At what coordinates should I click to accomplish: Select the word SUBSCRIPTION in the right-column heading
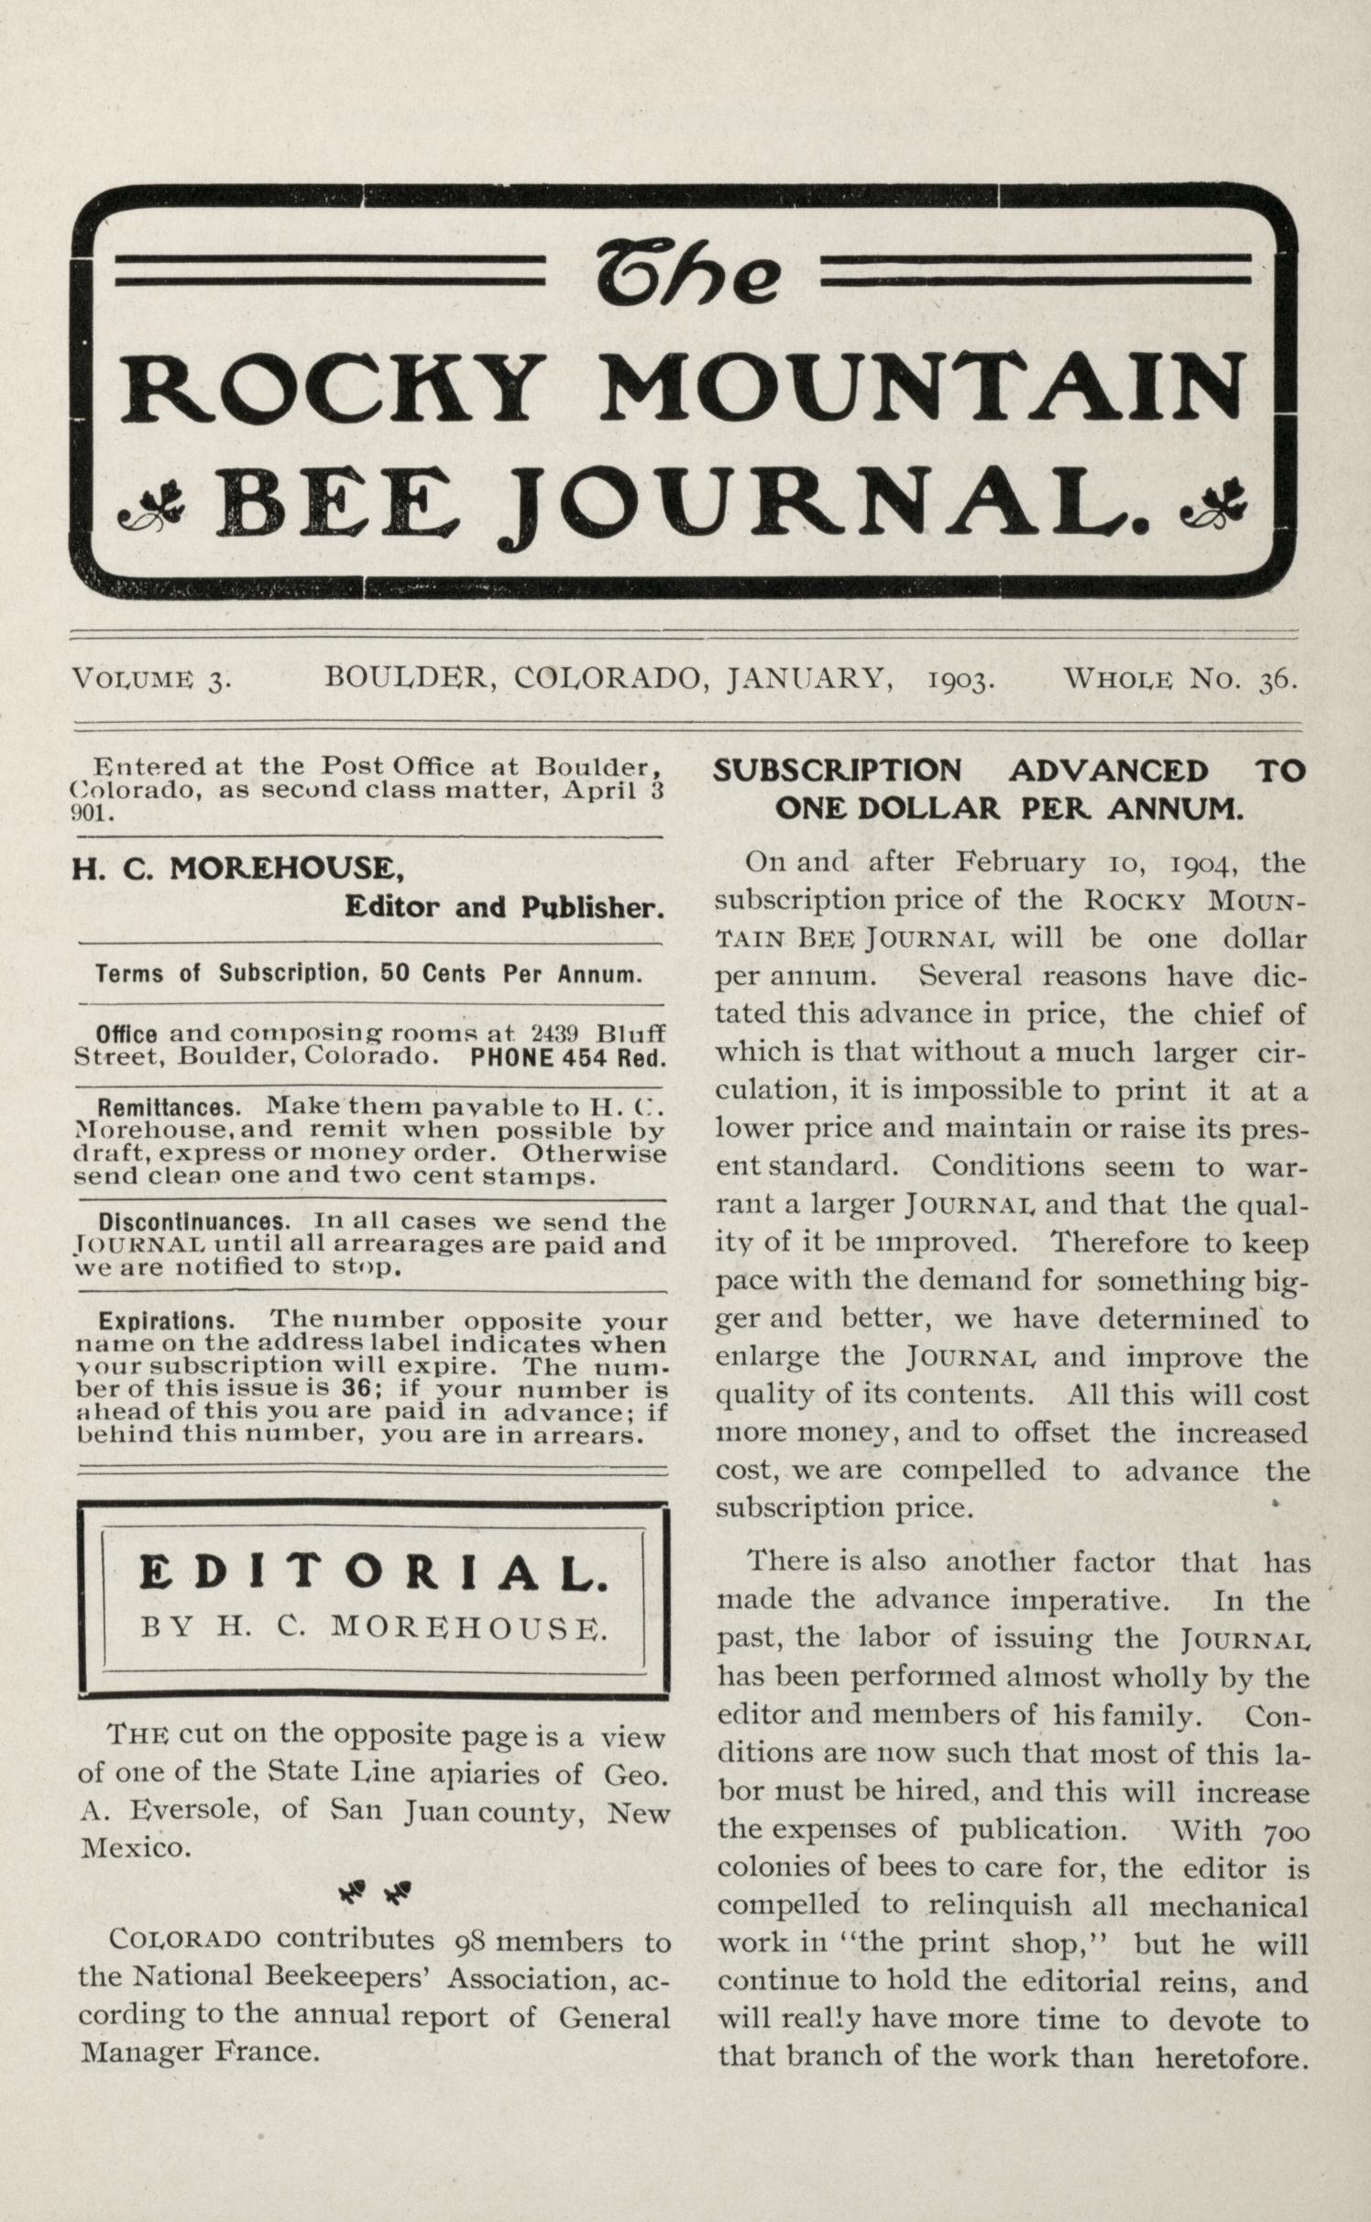838,771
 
